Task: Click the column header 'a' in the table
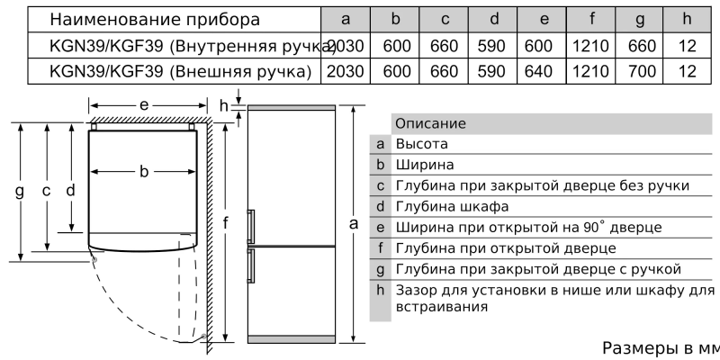tap(346, 19)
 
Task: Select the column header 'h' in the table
tap(688, 19)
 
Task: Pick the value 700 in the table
tap(642, 70)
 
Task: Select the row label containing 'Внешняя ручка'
tap(181, 70)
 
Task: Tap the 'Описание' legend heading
tap(430, 123)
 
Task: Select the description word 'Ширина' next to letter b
tap(425, 165)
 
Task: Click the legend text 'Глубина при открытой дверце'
tap(492, 247)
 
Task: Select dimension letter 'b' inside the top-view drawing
tap(143, 172)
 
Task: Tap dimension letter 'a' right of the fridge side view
tap(355, 222)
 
